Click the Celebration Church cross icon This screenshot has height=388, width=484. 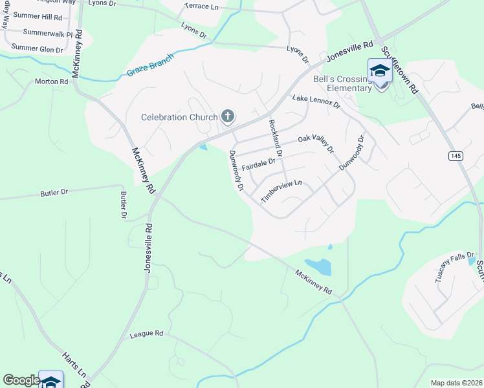pos(227,116)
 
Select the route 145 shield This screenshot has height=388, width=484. pos(456,156)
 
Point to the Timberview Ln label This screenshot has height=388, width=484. pos(281,191)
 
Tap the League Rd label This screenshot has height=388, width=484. pos(146,334)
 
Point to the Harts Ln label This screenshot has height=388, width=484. pos(74,365)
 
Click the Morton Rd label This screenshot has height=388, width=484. pos(52,81)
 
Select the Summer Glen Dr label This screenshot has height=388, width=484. pos(37,48)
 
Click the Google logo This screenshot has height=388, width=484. pos(21,380)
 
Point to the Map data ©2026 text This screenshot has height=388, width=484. pos(456,383)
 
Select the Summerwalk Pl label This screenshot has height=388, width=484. pos(47,32)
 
